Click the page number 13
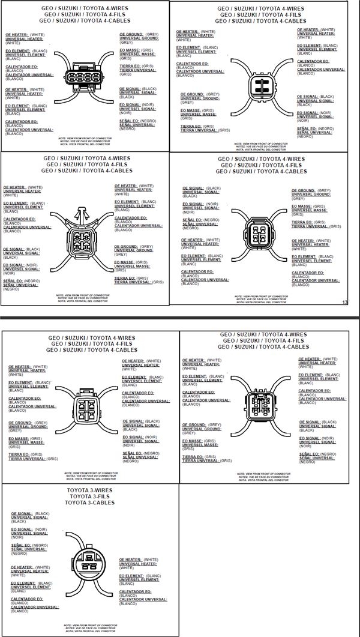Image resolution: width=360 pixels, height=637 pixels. pos(344,302)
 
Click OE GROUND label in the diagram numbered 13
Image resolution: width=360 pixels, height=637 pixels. pos(303,190)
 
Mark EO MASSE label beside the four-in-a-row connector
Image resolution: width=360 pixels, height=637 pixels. pos(130,50)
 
